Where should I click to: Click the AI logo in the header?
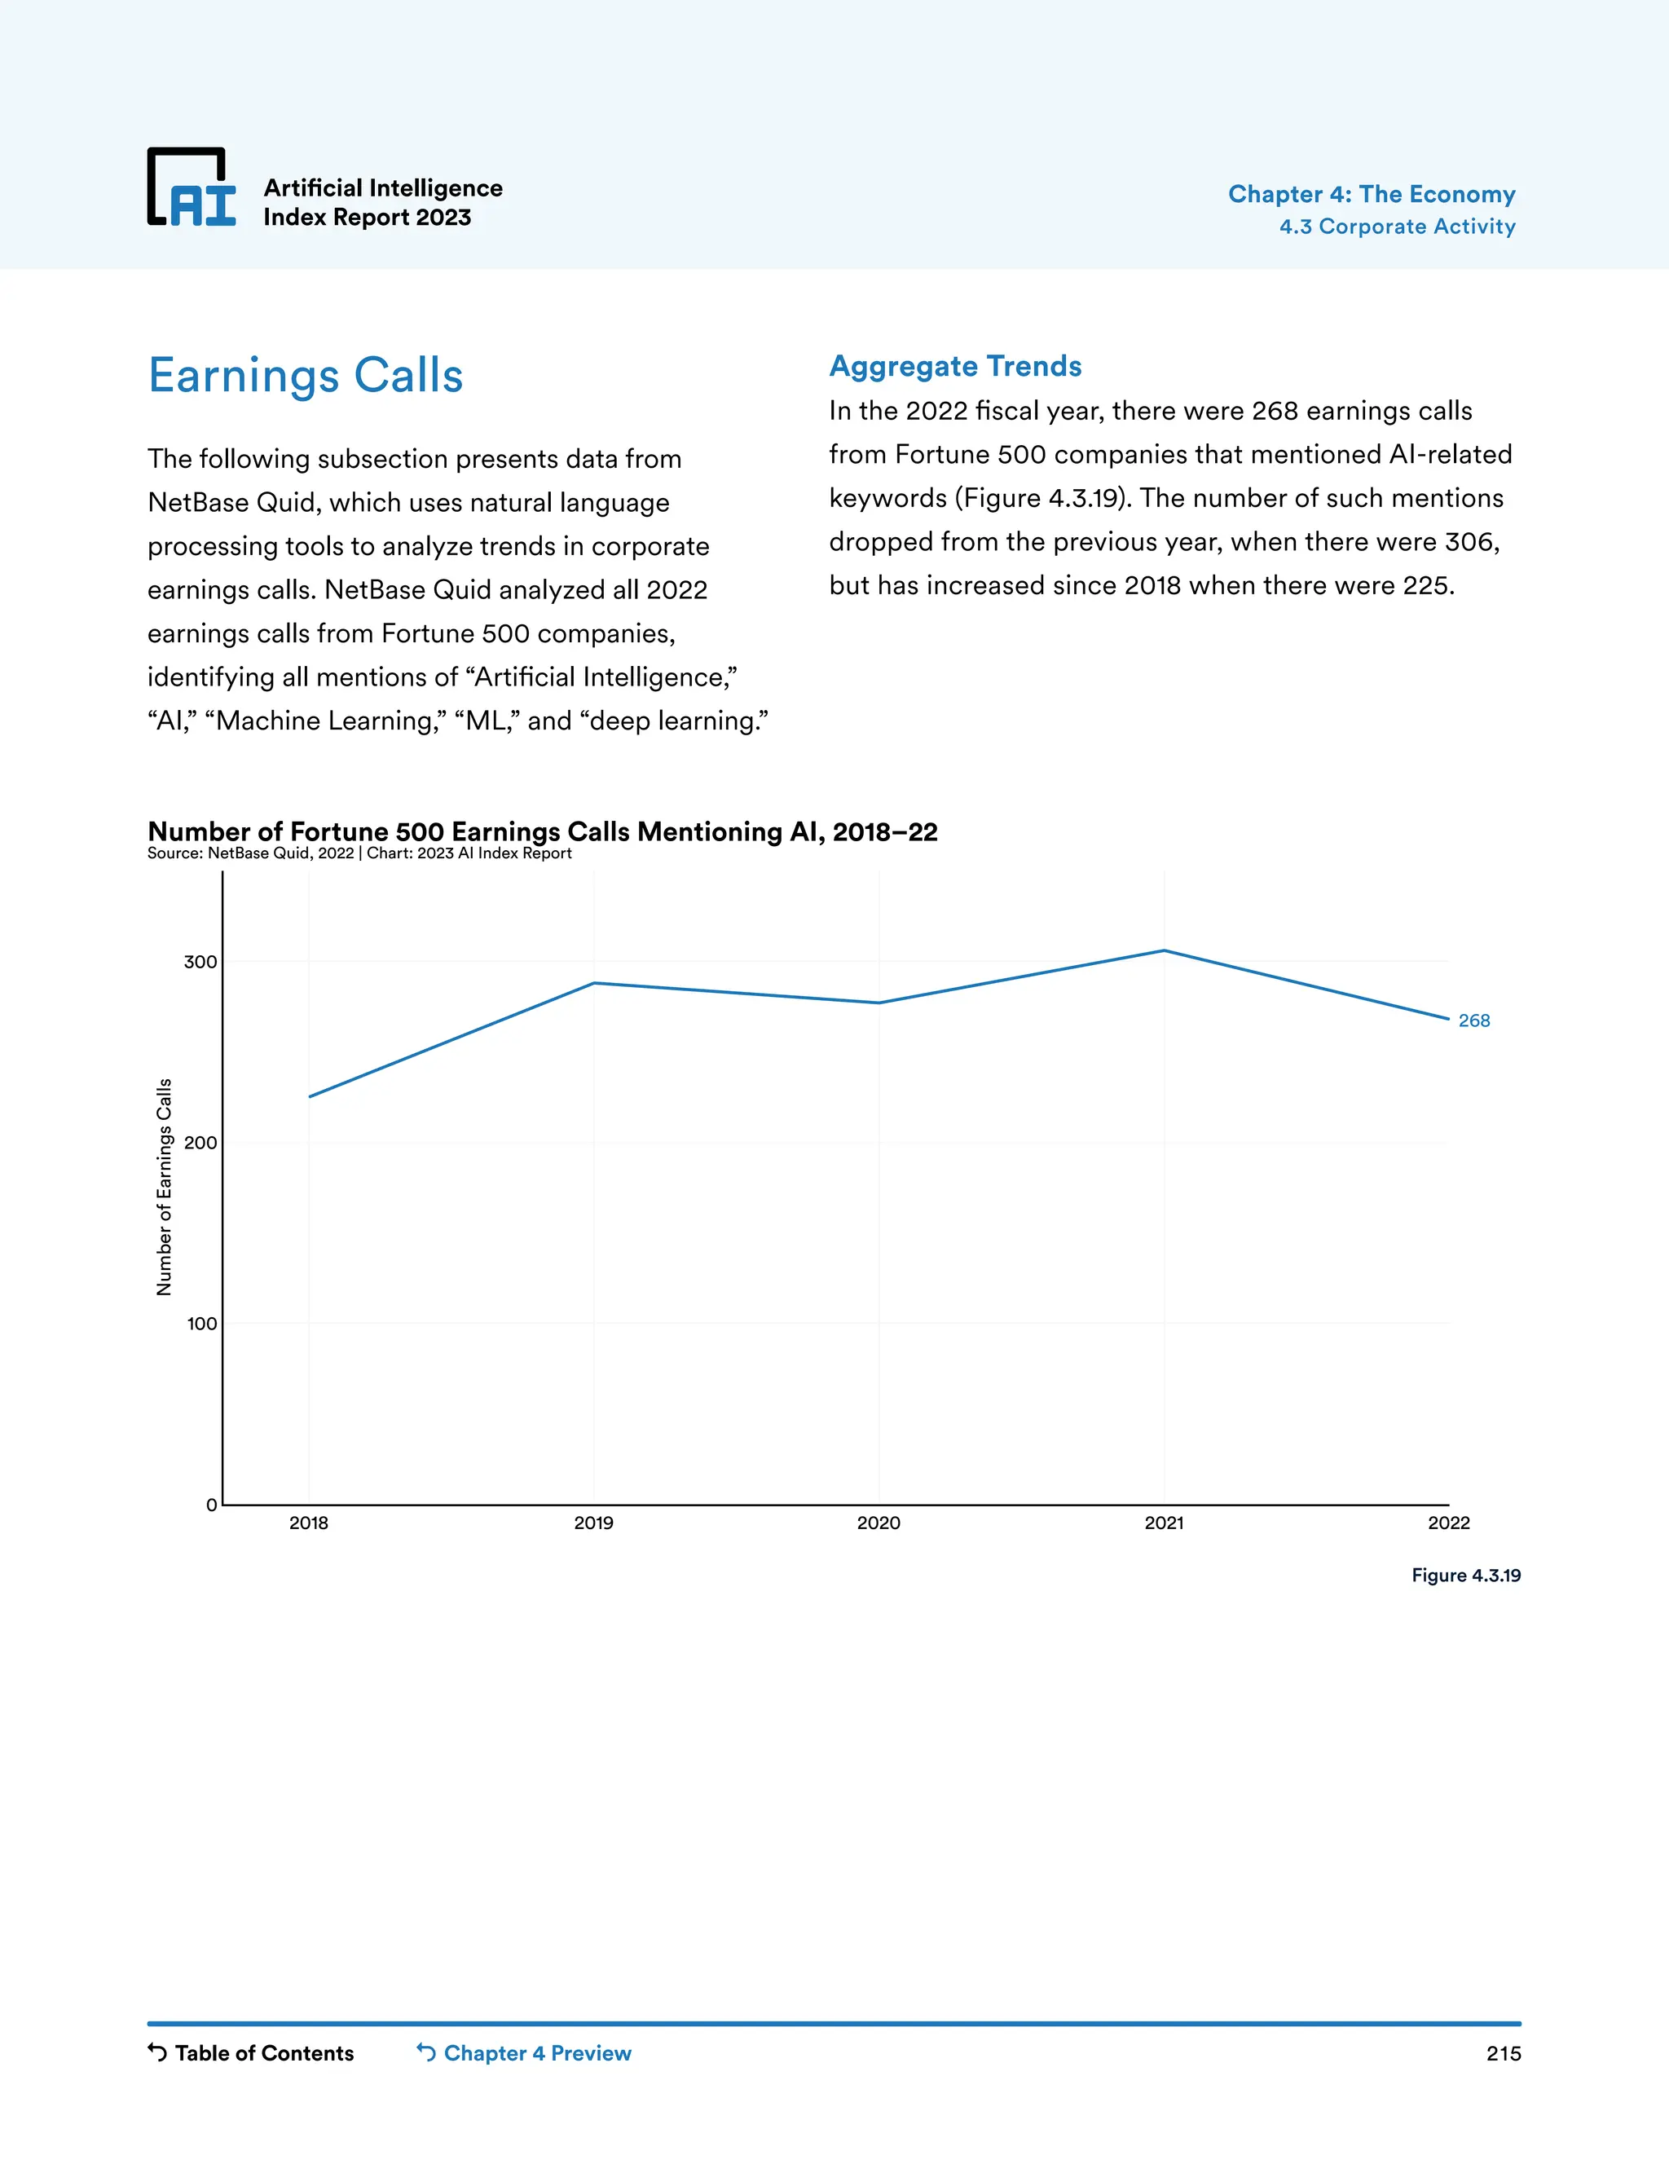point(192,188)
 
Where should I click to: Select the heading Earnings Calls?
point(306,376)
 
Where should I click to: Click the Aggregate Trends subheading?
point(955,366)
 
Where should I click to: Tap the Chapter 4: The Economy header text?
point(1372,194)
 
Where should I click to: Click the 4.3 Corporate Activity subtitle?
point(1397,227)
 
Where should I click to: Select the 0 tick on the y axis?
point(210,1505)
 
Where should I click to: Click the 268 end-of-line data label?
point(1473,1020)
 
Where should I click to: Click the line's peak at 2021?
point(1164,951)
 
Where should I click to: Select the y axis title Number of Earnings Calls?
point(164,1187)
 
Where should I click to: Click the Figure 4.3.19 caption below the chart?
point(1465,1576)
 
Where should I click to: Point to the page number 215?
point(1503,2054)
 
